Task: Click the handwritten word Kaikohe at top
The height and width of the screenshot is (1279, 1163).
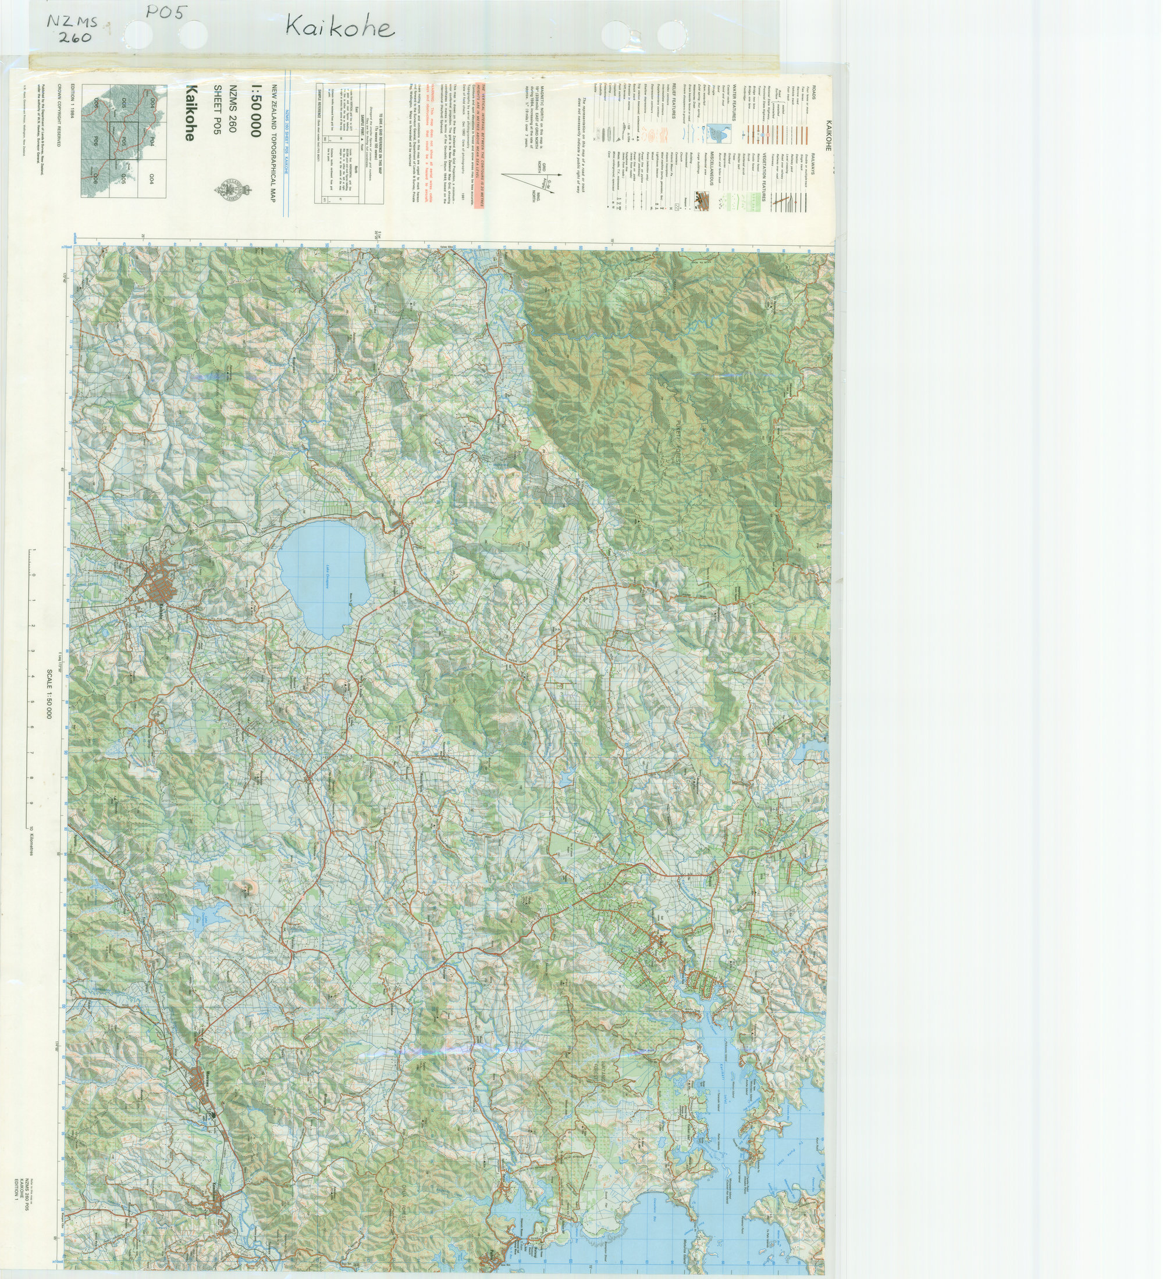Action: point(340,27)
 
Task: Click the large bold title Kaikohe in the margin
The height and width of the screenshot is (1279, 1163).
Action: point(190,113)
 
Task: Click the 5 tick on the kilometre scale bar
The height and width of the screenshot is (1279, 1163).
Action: point(32,702)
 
